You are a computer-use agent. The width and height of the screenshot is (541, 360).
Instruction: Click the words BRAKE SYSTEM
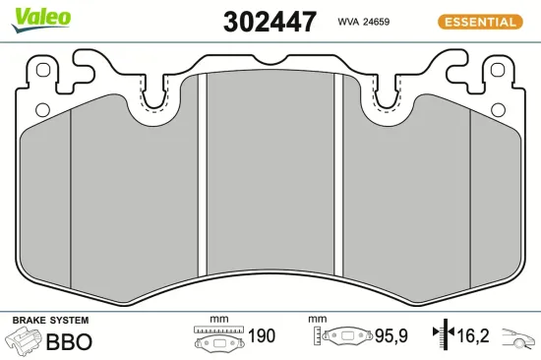pos(49,321)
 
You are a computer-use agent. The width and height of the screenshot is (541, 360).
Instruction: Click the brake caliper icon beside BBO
pos(24,342)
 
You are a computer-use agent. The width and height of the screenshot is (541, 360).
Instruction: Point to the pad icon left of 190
pos(216,339)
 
